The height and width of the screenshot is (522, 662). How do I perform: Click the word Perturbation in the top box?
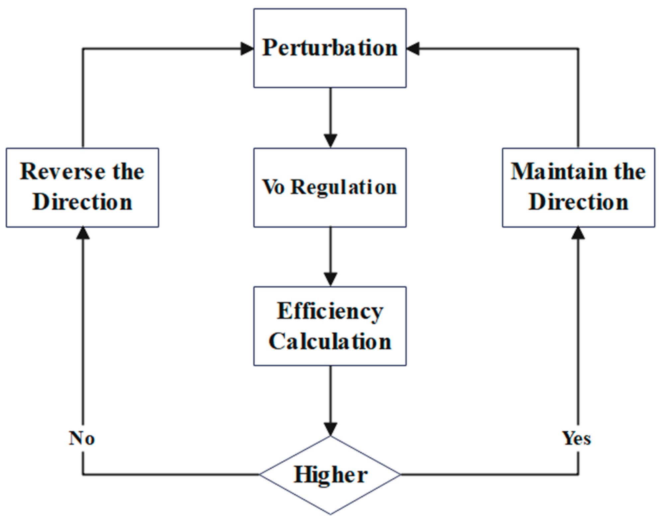330,48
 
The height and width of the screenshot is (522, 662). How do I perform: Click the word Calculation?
330,342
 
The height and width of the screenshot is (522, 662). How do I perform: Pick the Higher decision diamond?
330,474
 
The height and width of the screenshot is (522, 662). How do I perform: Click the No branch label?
82,438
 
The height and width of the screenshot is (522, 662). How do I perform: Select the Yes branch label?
576,438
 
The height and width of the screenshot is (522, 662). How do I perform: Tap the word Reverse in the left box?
62,171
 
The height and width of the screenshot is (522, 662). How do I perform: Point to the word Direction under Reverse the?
82,202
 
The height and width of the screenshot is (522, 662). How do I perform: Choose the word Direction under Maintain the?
578,202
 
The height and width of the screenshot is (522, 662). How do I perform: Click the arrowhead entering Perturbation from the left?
247,49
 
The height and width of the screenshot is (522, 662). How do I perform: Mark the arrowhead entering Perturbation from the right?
413,49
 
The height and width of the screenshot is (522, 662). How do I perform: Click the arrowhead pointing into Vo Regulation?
330,140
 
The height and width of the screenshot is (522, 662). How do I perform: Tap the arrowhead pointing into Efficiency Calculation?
330,279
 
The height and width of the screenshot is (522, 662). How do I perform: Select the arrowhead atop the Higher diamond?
330,429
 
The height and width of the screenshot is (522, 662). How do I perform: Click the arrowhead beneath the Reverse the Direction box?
83,233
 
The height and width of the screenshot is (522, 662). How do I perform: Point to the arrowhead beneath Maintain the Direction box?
578,233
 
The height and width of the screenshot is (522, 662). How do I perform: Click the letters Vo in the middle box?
273,187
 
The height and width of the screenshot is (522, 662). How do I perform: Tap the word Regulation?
344,187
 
